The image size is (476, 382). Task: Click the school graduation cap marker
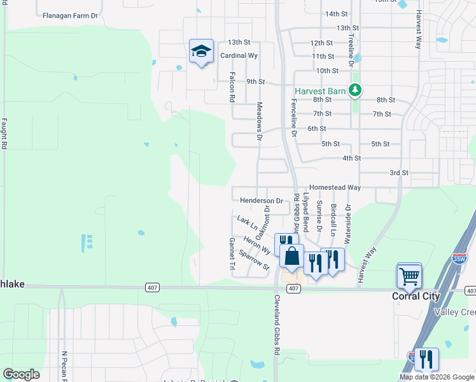pyautogui.click(x=201, y=52)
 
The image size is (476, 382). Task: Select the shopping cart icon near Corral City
pyautogui.click(x=409, y=276)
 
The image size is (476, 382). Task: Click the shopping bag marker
pyautogui.click(x=291, y=256)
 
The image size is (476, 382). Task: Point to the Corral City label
pyautogui.click(x=414, y=297)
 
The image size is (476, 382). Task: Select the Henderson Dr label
pyautogui.click(x=261, y=201)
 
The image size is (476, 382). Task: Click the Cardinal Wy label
pyautogui.click(x=239, y=56)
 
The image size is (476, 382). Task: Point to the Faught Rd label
pyautogui.click(x=4, y=134)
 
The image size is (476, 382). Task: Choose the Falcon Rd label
pyautogui.click(x=232, y=87)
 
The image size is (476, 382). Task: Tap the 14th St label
pyautogui.click(x=336, y=13)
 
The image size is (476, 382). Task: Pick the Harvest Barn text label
pyautogui.click(x=319, y=91)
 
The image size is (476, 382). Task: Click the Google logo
pyautogui.click(x=21, y=374)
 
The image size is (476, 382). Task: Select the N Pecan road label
pyautogui.click(x=64, y=365)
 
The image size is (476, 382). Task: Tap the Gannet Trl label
pyautogui.click(x=232, y=253)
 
